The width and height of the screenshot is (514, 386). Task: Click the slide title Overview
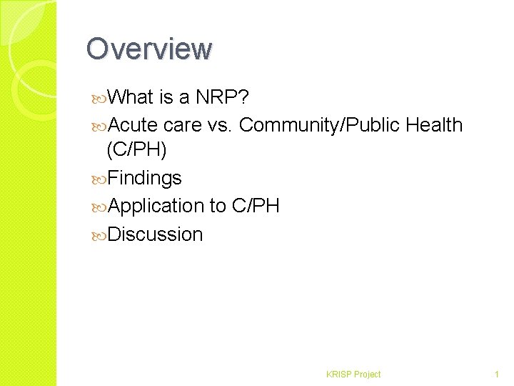pos(149,49)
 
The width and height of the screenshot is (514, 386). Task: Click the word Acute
pos(134,125)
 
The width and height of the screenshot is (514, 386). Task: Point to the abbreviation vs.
pos(217,125)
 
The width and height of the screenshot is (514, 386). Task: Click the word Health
pos(434,125)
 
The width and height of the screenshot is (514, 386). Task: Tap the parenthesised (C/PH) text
pos(136,149)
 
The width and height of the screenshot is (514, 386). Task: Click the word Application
pos(157,206)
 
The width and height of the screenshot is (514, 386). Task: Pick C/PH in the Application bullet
pos(256,206)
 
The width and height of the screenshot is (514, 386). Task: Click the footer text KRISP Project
pos(353,374)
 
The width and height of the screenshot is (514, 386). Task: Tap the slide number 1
pos(496,374)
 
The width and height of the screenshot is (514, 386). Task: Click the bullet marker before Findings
pos(100,179)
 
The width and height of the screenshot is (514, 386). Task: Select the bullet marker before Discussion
pos(100,235)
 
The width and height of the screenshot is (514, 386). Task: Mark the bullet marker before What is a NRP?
pos(100,97)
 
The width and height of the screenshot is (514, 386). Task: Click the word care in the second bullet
pos(181,125)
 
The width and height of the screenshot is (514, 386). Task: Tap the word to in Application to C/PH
pos(218,206)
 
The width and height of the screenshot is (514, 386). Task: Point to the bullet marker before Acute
pos(100,126)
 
